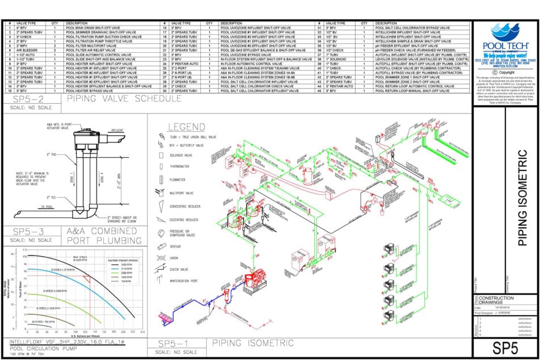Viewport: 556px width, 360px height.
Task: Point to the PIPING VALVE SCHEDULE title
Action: coord(124,98)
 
